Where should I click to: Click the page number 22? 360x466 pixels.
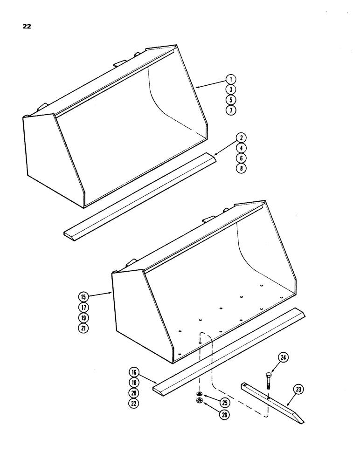coord(27,26)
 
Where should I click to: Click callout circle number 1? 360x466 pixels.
coord(232,79)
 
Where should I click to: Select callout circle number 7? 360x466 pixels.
coord(232,110)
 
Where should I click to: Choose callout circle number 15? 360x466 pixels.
coord(84,296)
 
